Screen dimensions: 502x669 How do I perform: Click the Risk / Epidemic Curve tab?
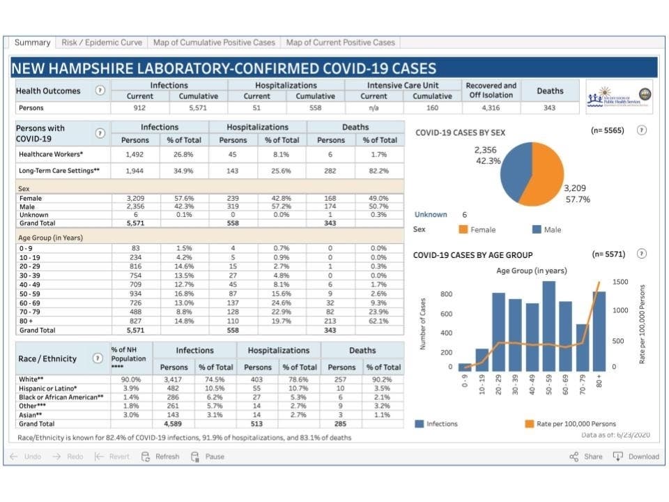(x=102, y=43)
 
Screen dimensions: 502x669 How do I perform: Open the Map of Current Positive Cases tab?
(x=340, y=43)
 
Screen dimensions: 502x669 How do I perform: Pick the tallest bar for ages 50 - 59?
(x=548, y=326)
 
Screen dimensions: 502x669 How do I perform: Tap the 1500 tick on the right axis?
(x=620, y=282)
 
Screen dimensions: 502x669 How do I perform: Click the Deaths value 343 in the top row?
(x=550, y=108)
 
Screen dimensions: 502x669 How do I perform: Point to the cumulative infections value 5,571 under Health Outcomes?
(x=199, y=108)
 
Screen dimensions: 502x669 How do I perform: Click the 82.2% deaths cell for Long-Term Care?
(x=378, y=170)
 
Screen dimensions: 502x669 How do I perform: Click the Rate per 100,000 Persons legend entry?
(x=578, y=423)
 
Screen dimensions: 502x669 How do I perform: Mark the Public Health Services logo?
(x=619, y=96)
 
